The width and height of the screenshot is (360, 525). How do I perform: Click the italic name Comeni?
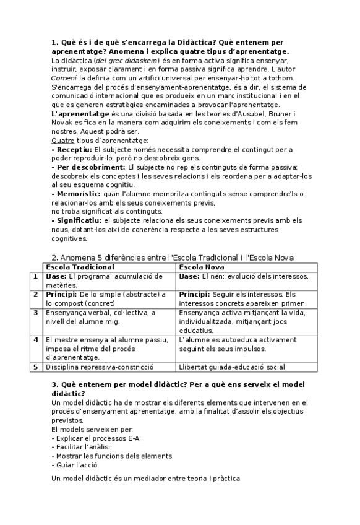pyautogui.click(x=64, y=78)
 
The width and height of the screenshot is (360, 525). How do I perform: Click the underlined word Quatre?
pyautogui.click(x=61, y=141)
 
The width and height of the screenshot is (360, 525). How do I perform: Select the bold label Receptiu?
pyautogui.click(x=72, y=149)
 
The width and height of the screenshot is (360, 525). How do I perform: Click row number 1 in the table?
pyautogui.click(x=36, y=276)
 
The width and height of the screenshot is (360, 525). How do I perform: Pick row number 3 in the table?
pyautogui.click(x=36, y=313)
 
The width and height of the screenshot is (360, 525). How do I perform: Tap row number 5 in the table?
pyautogui.click(x=36, y=367)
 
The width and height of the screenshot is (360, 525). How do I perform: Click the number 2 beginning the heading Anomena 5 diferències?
pyautogui.click(x=54, y=258)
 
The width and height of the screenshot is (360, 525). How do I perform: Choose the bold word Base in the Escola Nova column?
pyautogui.click(x=189, y=276)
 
